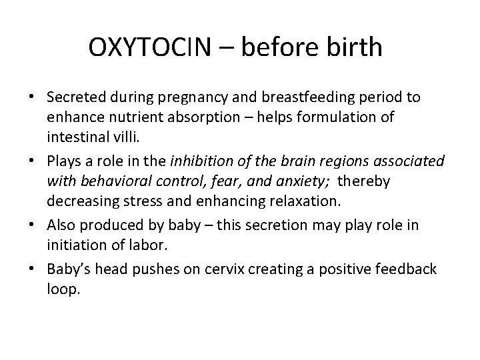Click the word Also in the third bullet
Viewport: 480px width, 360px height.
click(60, 226)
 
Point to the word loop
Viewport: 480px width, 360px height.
click(63, 289)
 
